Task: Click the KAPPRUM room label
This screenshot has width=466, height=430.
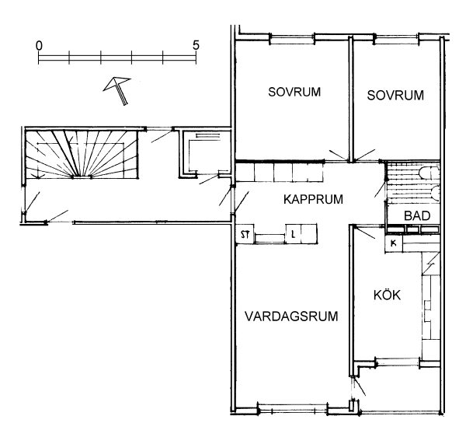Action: tap(313, 199)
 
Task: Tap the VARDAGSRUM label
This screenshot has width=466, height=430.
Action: tap(291, 316)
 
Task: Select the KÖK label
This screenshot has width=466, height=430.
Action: tap(387, 295)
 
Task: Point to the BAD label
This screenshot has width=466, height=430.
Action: tap(417, 215)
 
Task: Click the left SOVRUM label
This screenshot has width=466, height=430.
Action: tap(294, 92)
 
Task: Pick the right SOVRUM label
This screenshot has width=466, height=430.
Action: tap(395, 95)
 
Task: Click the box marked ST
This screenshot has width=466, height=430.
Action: tap(245, 235)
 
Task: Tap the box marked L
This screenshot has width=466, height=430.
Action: tap(294, 235)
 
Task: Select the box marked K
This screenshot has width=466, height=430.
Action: tap(394, 243)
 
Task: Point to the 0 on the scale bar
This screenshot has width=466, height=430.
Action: tap(39, 46)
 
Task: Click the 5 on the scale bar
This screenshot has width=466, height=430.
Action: tap(196, 45)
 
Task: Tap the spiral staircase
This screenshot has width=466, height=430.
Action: tap(82, 154)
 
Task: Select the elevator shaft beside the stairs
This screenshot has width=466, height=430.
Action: tap(205, 153)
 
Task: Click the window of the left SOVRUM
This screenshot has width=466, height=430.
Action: tap(293, 40)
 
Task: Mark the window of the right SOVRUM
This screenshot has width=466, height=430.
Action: tap(396, 40)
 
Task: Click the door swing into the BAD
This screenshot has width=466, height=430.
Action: tap(381, 187)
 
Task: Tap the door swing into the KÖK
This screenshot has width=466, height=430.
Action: tap(365, 232)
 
